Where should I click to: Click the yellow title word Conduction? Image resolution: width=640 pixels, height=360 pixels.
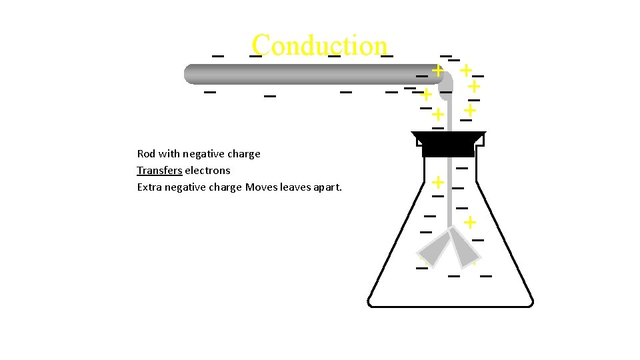pos(319,45)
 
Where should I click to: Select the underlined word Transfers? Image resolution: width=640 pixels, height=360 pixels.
pos(159,170)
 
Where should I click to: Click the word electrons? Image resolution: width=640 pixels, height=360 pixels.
pos(207,170)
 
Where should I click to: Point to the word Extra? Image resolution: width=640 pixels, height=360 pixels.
pos(149,187)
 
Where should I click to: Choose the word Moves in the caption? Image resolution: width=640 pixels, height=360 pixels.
pos(261,187)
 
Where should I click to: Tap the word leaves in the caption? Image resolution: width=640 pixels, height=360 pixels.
pos(294,187)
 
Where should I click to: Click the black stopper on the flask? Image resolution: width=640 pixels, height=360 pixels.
pos(448,144)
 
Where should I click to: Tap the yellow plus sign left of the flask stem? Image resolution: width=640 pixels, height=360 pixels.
pos(438,181)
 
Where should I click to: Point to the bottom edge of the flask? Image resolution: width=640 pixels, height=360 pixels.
pos(451,306)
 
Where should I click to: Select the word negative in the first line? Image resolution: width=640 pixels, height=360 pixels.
pos(203,154)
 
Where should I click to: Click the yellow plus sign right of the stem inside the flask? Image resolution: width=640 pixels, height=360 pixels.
pos(470,222)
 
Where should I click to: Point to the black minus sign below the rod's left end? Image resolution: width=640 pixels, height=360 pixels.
pos(210,91)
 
